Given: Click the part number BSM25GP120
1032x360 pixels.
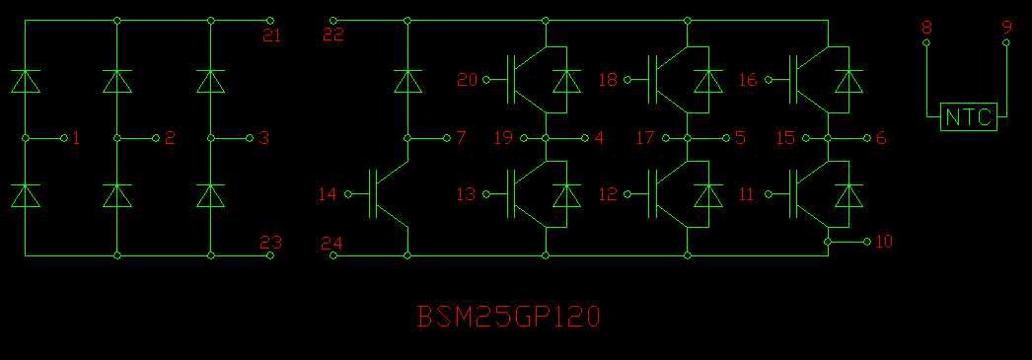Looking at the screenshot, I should click(x=508, y=318).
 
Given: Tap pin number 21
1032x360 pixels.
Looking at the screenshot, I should click(x=271, y=36).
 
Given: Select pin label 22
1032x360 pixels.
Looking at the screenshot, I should click(x=332, y=36).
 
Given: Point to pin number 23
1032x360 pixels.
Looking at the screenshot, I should click(x=271, y=242).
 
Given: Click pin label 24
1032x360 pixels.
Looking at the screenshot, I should click(x=332, y=244).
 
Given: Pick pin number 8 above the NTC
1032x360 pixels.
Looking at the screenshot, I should click(x=925, y=28).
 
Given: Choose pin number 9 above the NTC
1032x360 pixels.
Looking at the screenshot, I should click(x=1006, y=28).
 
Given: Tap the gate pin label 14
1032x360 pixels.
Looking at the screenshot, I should click(x=327, y=194).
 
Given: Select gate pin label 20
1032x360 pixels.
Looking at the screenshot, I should click(x=467, y=80).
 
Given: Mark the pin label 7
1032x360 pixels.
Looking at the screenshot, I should click(x=461, y=137).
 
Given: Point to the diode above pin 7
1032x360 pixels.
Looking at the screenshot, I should click(x=407, y=81).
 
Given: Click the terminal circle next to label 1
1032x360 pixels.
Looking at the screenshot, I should click(x=64, y=137).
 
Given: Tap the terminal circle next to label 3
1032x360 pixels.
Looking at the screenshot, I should click(x=250, y=137).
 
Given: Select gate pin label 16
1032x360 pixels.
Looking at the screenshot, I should click(x=748, y=80).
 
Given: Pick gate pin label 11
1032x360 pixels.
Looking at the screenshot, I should click(x=749, y=194).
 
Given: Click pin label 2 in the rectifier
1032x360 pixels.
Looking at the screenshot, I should click(x=170, y=138).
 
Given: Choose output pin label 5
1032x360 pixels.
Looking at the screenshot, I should click(x=740, y=138).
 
